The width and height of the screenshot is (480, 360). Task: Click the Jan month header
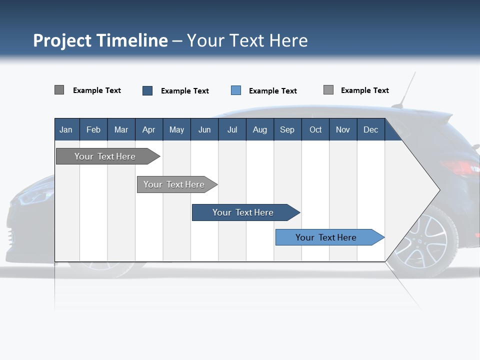click(x=66, y=129)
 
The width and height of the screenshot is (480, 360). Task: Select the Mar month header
click(x=121, y=129)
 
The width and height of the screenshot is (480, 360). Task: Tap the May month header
click(x=176, y=129)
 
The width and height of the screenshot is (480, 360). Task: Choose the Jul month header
click(x=232, y=129)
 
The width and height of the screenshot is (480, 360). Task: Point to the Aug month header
click(x=259, y=129)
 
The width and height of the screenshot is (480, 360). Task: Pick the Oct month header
click(x=315, y=129)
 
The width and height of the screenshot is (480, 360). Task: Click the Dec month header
click(x=370, y=129)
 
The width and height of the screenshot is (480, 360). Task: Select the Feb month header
click(x=93, y=129)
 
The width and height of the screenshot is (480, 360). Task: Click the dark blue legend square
click(x=147, y=90)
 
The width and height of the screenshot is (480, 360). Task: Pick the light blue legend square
click(x=236, y=90)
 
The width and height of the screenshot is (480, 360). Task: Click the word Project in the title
click(x=62, y=40)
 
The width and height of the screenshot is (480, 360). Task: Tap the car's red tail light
click(x=459, y=167)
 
